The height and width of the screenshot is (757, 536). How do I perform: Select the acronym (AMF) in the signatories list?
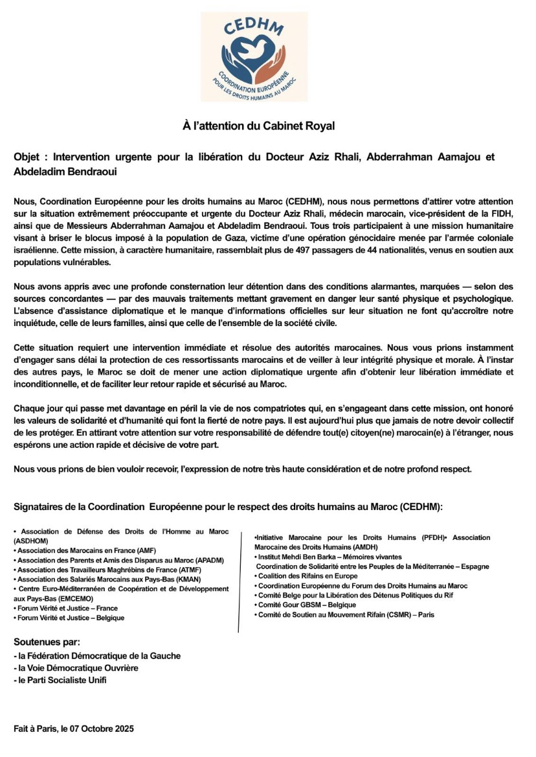tap(129, 550)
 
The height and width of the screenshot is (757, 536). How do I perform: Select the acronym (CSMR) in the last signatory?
tap(401, 614)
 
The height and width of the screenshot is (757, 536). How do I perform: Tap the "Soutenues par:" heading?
tap(47, 642)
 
